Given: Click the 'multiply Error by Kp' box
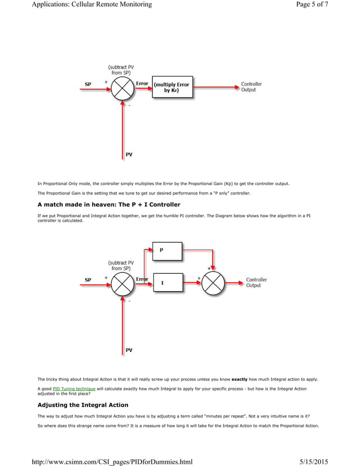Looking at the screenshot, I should click(x=172, y=87).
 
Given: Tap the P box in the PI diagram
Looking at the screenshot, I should click(x=168, y=251).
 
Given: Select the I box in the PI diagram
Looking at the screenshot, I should click(x=168, y=282).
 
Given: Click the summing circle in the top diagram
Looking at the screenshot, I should click(x=122, y=88).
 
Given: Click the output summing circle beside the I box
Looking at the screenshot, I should click(x=213, y=283).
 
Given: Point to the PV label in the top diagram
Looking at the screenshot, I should click(x=129, y=155).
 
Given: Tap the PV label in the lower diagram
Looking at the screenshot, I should click(x=129, y=350).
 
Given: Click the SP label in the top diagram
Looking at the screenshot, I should click(x=88, y=85).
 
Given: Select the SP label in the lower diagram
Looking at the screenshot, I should click(x=88, y=280).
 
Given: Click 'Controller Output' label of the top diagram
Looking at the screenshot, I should click(x=251, y=87).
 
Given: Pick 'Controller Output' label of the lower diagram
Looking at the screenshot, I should click(x=256, y=282).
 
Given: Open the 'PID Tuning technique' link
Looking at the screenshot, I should click(x=74, y=389).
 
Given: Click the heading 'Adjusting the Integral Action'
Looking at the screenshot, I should click(x=82, y=405).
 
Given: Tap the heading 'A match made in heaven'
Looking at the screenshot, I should click(x=108, y=204).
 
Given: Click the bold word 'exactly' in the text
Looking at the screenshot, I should click(x=241, y=379).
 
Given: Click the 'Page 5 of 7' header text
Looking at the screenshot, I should click(x=308, y=5).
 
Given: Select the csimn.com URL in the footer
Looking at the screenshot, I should click(x=112, y=461).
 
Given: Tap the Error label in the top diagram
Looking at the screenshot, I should click(x=142, y=83).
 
